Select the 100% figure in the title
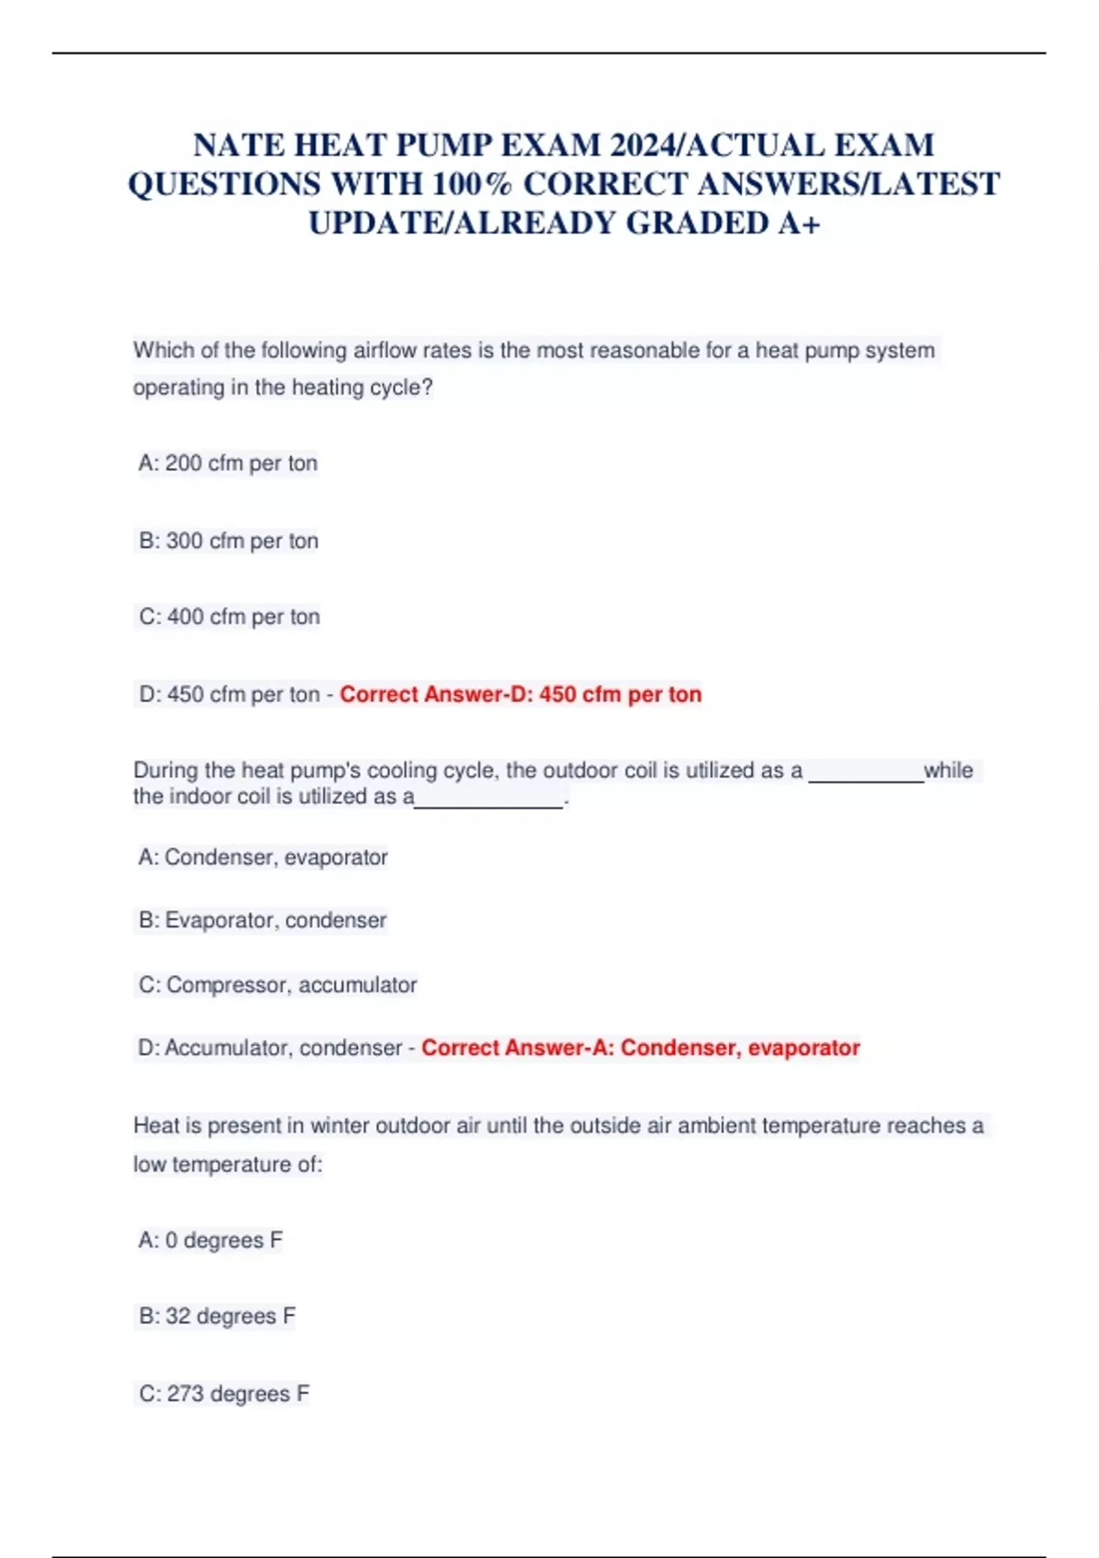(x=473, y=184)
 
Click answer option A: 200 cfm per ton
(x=228, y=464)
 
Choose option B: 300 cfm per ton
(x=229, y=541)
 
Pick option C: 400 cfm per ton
(x=230, y=617)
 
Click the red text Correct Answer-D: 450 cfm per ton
(x=520, y=695)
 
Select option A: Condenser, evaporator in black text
(x=263, y=858)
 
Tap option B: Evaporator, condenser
(x=263, y=920)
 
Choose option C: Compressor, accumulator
(x=277, y=985)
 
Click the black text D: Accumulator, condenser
(x=270, y=1048)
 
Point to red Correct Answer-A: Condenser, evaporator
(x=640, y=1048)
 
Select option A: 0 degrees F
(x=211, y=1241)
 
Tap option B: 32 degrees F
(x=217, y=1317)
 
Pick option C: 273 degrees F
(x=224, y=1394)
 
